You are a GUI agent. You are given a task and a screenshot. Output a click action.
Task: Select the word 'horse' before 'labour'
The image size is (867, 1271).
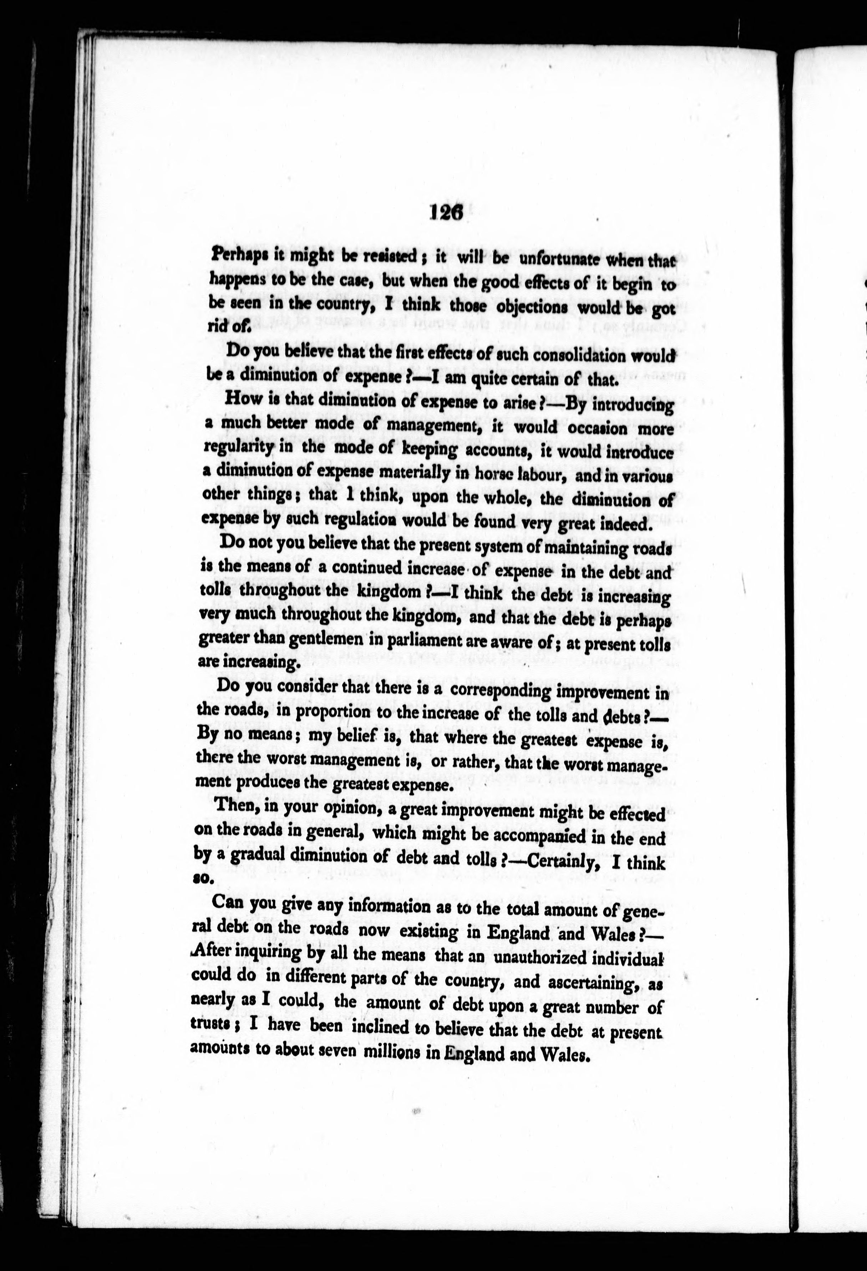pos(483,475)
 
